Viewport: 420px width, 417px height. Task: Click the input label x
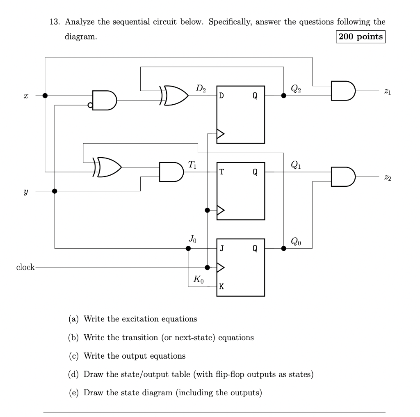[26, 96]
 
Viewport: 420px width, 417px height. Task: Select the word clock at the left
[25, 268]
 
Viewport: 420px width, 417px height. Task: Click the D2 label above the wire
[201, 87]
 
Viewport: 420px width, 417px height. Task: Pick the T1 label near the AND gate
[192, 165]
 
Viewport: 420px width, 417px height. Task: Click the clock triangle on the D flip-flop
[221, 134]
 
